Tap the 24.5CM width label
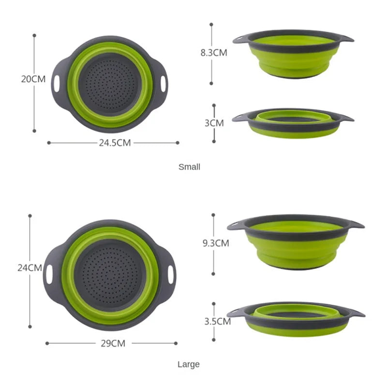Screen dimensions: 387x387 [x=114, y=143]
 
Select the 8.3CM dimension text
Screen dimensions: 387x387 [x=214, y=53]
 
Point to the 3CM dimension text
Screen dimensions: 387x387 [x=214, y=123]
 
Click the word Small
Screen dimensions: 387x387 [x=189, y=167]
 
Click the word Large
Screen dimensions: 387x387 [x=189, y=364]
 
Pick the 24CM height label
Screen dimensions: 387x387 [x=29, y=267]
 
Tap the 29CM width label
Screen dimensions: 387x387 [x=113, y=343]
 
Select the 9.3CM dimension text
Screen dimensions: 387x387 [x=216, y=243]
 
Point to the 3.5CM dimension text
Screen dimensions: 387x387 [x=217, y=321]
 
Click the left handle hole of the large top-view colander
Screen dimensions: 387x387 [x=49, y=273]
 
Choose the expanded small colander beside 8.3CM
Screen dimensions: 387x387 [x=292, y=54]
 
